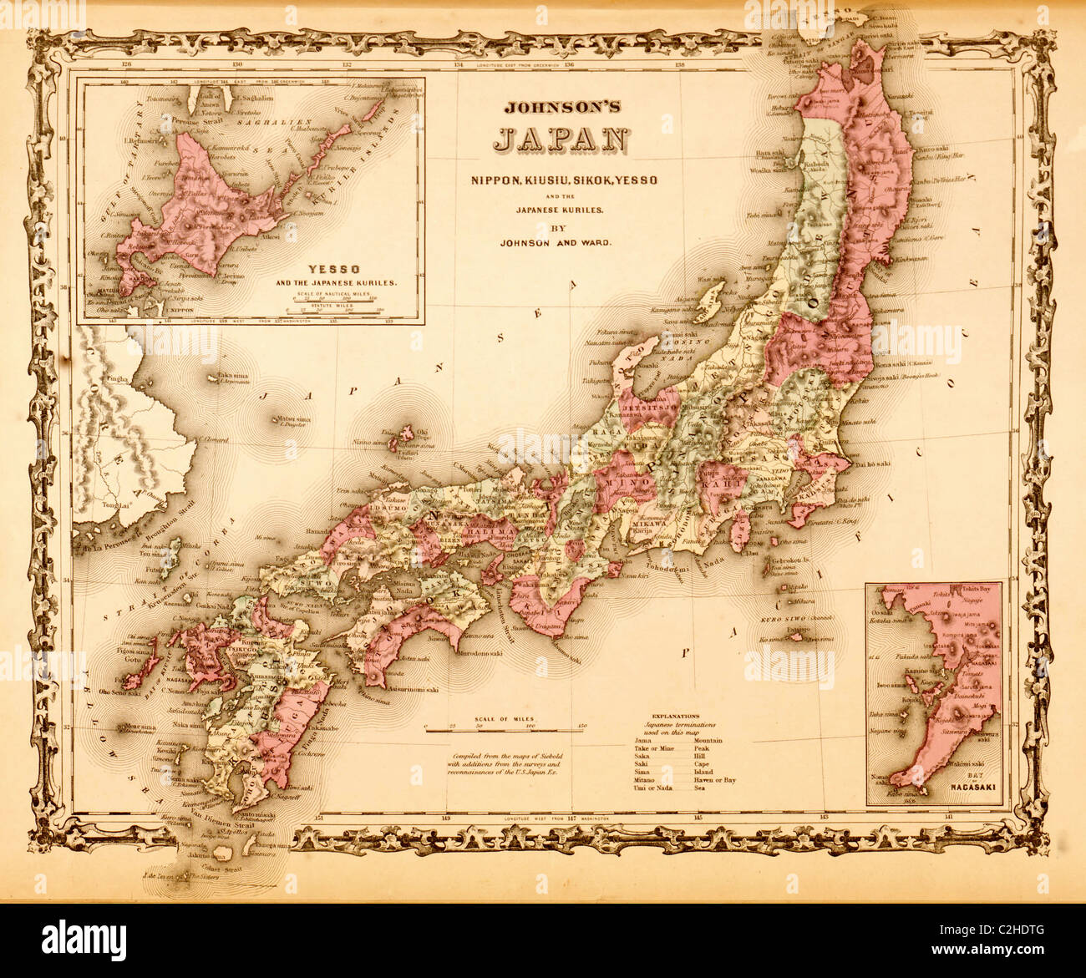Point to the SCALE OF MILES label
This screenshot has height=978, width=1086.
pyautogui.click(x=504, y=717)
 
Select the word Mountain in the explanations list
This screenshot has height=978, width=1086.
pyautogui.click(x=708, y=740)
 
